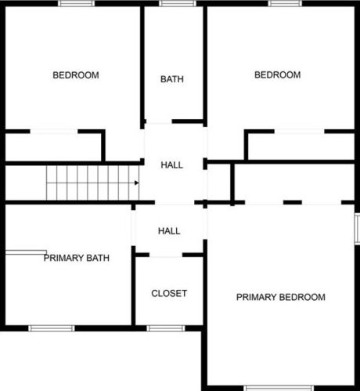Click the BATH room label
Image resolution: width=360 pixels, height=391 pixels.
[172, 79]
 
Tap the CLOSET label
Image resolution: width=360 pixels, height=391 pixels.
[169, 293]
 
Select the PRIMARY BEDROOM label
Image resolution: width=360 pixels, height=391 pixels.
[281, 297]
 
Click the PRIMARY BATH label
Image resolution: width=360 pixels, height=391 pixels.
[77, 258]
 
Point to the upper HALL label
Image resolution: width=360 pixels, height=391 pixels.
[172, 165]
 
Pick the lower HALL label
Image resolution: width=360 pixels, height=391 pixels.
[169, 231]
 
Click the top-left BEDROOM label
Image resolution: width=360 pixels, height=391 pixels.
[76, 75]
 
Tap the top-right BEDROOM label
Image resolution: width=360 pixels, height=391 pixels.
[278, 75]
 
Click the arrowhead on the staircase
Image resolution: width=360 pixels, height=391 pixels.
[136, 183]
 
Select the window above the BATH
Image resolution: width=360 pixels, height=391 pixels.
[178, 3]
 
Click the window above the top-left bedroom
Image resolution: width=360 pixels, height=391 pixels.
[76, 3]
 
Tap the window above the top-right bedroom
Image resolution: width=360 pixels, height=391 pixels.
[285, 3]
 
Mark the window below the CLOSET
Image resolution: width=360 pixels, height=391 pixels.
[166, 328]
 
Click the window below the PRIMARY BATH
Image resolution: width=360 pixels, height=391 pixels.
[52, 328]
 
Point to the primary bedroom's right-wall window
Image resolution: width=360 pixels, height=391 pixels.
[357, 229]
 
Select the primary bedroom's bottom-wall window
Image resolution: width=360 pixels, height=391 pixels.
[279, 388]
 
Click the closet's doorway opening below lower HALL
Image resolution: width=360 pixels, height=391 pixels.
[166, 255]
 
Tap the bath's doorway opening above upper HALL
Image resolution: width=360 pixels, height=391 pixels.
[159, 121]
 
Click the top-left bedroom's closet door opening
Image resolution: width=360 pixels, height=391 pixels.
[54, 132]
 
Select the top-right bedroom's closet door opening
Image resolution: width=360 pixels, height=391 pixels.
[299, 132]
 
